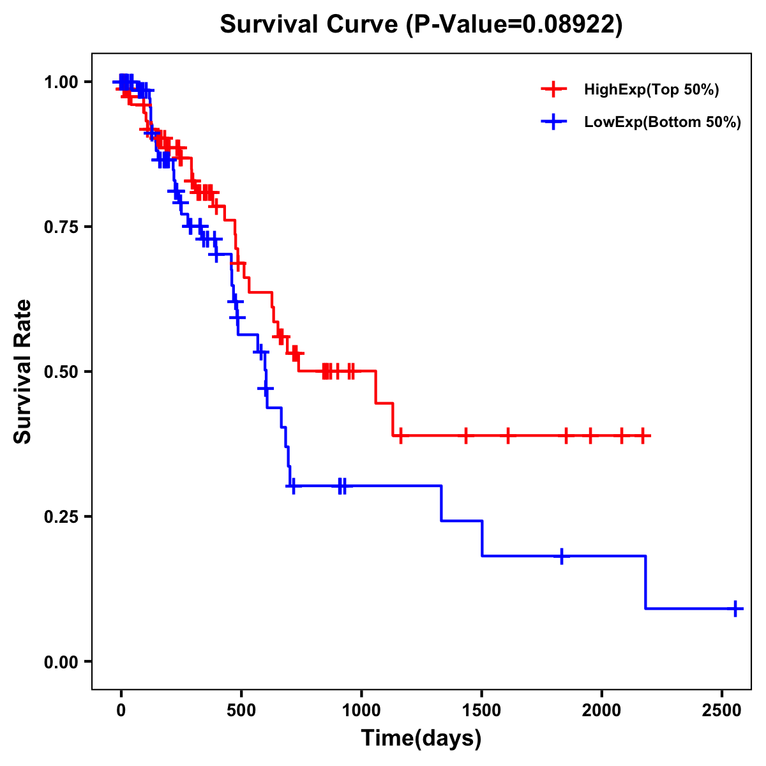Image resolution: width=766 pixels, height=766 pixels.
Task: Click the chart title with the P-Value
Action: (421, 24)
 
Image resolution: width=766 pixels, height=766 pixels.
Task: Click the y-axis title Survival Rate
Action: (23, 371)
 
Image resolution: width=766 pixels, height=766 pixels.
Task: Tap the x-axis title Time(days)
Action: (421, 739)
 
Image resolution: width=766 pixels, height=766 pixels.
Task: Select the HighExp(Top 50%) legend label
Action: (652, 90)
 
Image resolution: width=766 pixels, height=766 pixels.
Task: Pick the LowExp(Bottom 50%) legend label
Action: (663, 122)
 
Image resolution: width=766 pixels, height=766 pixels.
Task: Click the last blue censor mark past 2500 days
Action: (735, 608)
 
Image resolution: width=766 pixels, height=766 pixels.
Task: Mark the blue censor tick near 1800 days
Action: (562, 556)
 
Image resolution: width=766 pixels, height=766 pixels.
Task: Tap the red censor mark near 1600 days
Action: (508, 436)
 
